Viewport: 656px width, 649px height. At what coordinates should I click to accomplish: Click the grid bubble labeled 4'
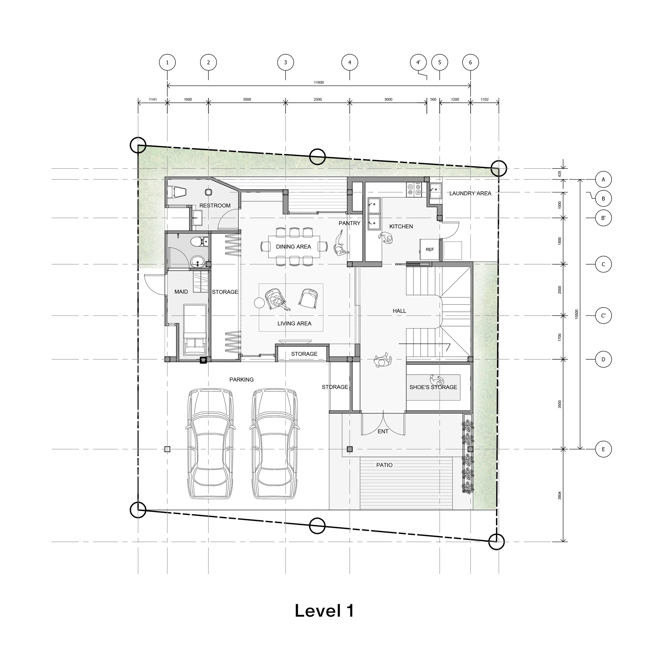418,62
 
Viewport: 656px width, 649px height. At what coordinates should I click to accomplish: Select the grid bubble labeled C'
603,315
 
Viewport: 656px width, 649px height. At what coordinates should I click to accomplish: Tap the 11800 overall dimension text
319,82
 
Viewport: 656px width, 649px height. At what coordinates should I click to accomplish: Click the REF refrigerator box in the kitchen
430,249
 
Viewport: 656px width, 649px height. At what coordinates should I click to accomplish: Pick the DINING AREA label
293,247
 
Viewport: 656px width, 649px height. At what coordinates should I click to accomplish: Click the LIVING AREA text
294,324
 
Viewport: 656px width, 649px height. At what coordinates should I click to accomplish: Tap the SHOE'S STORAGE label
433,387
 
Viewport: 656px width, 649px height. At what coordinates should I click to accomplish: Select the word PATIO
384,465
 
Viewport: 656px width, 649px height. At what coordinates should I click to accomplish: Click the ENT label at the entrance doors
383,431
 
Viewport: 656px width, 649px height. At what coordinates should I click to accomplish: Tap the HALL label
399,311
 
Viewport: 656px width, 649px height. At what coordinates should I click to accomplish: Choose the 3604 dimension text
560,495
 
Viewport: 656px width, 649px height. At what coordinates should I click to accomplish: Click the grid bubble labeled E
603,449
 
